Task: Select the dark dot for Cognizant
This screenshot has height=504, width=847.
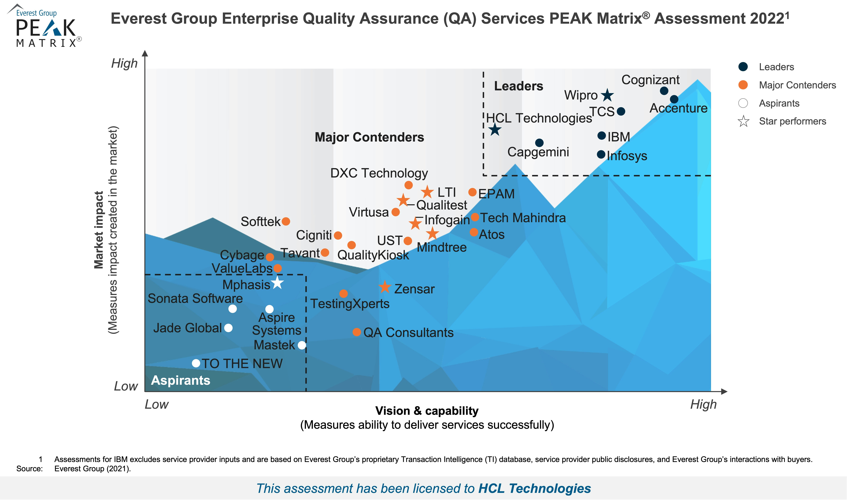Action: (664, 91)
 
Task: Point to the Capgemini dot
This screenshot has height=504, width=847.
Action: (539, 143)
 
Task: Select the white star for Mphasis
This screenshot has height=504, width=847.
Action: (277, 283)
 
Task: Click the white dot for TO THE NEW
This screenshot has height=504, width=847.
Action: (196, 363)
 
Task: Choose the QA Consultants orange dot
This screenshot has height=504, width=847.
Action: (357, 332)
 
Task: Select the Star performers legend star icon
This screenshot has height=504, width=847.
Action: (743, 121)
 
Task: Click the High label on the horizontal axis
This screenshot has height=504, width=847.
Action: (703, 404)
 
